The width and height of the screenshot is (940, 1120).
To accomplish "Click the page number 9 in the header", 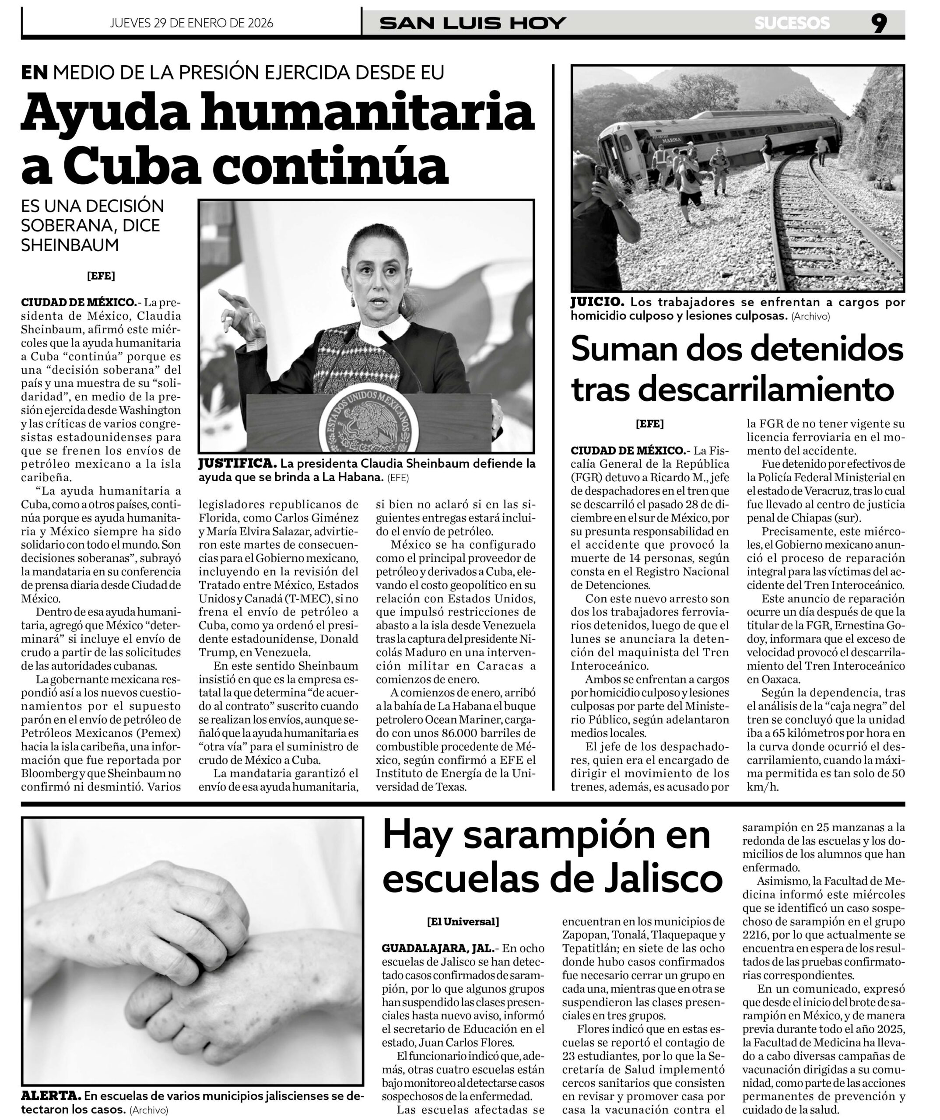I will [879, 23].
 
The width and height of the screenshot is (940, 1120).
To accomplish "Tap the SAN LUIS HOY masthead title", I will [473, 23].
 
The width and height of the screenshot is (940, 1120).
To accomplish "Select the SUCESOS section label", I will [792, 23].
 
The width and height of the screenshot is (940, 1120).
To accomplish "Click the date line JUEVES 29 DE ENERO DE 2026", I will [192, 23].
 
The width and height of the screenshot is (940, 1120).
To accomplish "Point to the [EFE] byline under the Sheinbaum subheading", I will [101, 276].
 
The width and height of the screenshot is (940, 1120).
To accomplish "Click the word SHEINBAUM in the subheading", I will [70, 245].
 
